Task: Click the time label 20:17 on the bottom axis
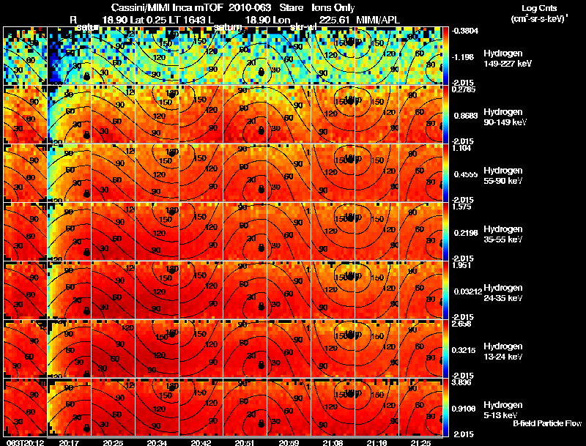[70, 442]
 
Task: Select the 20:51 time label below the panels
[245, 442]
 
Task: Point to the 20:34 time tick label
[157, 442]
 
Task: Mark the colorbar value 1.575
[462, 206]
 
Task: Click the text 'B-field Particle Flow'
[546, 423]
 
